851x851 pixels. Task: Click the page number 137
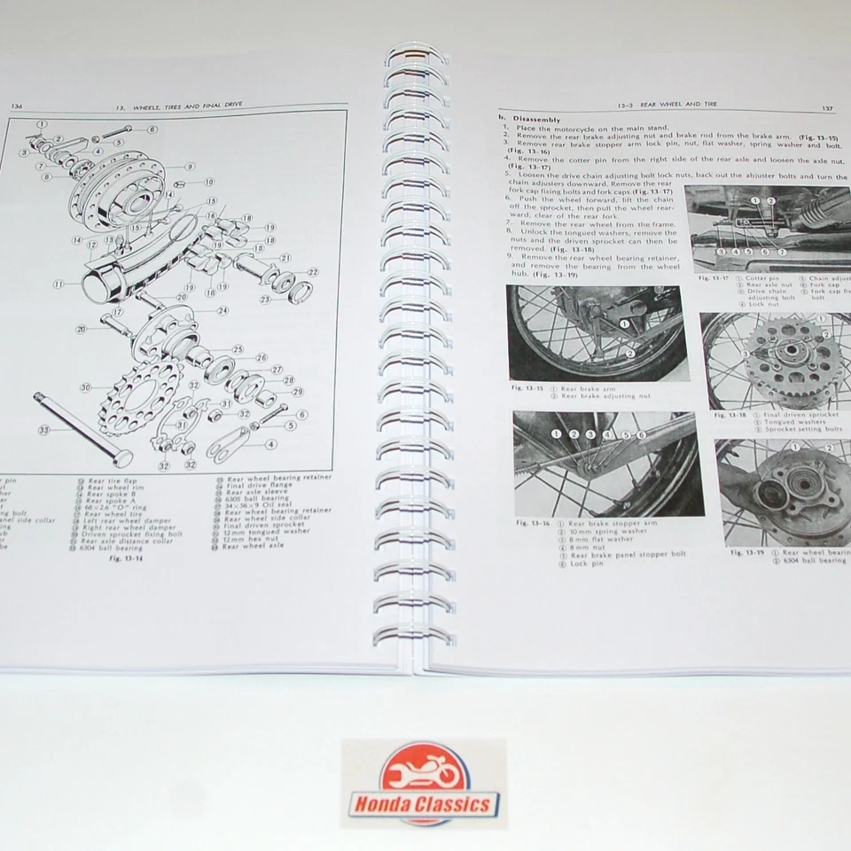pyautogui.click(x=826, y=108)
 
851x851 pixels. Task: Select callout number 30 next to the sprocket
pyautogui.click(x=85, y=387)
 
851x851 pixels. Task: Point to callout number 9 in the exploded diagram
pyautogui.click(x=190, y=166)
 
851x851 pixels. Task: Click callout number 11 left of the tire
pyautogui.click(x=59, y=285)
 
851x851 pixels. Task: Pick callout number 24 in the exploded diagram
pyautogui.click(x=223, y=310)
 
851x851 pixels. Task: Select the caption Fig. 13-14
pyautogui.click(x=126, y=559)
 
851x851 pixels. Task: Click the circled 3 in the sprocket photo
pyautogui.click(x=747, y=355)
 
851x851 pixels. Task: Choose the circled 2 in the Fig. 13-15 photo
pyautogui.click(x=629, y=352)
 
